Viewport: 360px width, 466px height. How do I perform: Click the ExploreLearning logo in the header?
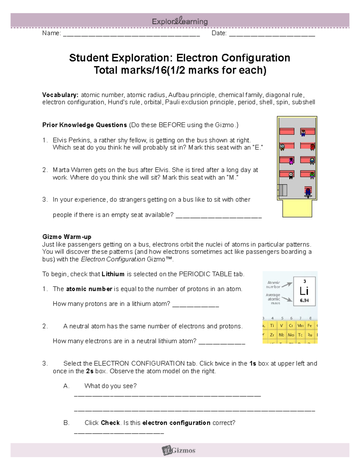pos(180,21)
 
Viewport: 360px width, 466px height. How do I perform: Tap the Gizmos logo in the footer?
pos(179,450)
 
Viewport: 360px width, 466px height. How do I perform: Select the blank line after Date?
pos(272,34)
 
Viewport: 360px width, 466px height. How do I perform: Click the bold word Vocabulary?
pos(60,95)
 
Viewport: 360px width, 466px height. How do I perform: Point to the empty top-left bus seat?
pos(287,131)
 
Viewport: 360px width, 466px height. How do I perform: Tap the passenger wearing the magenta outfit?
pos(291,161)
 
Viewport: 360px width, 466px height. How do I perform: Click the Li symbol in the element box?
pos(304,291)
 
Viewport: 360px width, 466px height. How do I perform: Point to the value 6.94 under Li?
pos(304,300)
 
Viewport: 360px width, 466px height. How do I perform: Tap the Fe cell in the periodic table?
pos(310,326)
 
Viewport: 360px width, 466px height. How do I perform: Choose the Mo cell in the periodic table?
pos(291,335)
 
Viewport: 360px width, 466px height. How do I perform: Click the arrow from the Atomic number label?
pos(287,284)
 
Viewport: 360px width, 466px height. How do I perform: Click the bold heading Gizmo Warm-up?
pos(67,237)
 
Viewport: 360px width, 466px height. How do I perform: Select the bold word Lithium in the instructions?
pos(113,274)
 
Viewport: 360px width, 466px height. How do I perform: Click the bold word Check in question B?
pos(110,423)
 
